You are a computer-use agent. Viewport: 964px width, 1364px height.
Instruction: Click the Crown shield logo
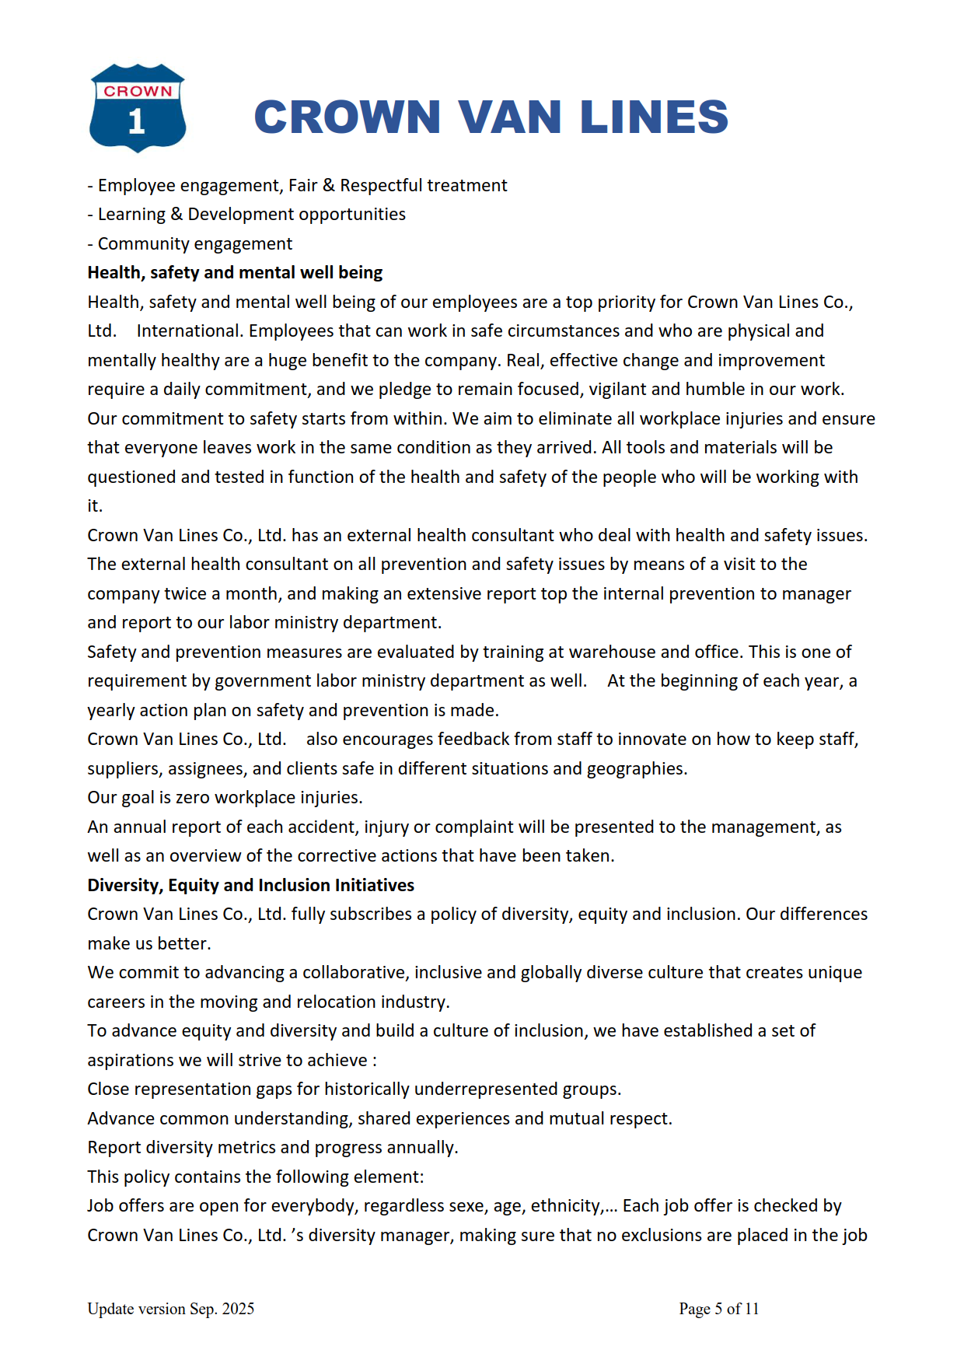tap(138, 107)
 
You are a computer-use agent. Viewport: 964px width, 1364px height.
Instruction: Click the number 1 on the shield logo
tap(137, 121)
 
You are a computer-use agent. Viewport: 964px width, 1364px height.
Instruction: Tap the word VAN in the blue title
tap(509, 117)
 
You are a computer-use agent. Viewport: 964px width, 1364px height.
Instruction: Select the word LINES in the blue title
tap(654, 117)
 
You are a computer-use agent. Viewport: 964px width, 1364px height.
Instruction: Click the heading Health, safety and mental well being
tap(235, 273)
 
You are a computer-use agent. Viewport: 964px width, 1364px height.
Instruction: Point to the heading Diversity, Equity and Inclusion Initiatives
tap(250, 886)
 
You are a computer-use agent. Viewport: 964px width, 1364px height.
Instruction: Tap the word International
tap(189, 331)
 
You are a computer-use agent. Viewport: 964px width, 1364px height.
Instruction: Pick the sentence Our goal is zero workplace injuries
tap(225, 798)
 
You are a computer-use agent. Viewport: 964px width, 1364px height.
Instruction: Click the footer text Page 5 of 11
tap(718, 1309)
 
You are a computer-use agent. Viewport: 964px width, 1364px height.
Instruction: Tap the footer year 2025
tap(238, 1309)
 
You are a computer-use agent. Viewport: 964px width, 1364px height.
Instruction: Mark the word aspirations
tap(134, 1061)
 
